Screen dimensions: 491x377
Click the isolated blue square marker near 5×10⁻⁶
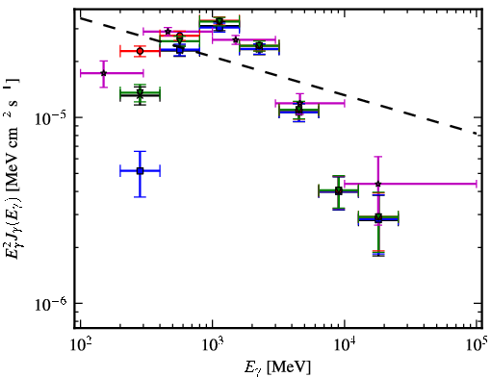(140, 171)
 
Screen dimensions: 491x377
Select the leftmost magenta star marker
(103, 73)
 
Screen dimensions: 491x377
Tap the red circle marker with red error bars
(140, 51)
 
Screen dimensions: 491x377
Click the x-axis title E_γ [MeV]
(277, 367)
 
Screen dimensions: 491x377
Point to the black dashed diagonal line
(278, 75)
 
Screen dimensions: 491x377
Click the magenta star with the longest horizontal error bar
(378, 184)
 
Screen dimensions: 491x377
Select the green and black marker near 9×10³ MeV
(338, 191)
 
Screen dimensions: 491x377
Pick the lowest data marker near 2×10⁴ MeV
(378, 218)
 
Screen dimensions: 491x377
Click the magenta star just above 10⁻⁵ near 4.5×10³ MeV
(299, 103)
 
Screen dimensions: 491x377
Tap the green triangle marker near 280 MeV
(140, 93)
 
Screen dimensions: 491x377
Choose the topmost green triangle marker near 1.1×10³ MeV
(220, 21)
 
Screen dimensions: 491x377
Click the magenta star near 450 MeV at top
(168, 32)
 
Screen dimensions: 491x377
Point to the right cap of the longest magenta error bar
(477, 184)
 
